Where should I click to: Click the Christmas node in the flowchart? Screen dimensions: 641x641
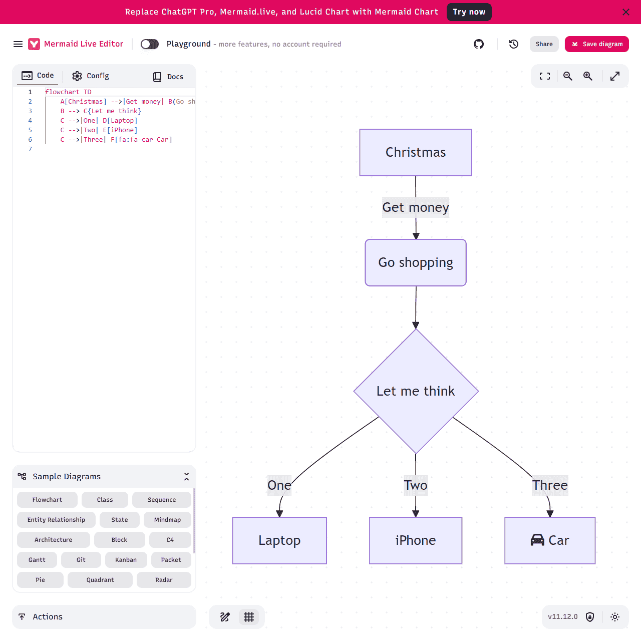click(416, 153)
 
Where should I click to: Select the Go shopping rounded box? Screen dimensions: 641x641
click(416, 263)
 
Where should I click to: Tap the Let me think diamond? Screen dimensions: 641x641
click(416, 391)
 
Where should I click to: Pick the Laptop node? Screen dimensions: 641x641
click(279, 540)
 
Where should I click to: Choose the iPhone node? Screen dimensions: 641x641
click(416, 540)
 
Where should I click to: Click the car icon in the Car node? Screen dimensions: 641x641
click(537, 540)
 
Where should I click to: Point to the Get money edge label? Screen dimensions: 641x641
click(416, 207)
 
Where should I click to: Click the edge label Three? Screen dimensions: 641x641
click(550, 485)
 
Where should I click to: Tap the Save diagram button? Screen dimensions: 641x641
click(597, 44)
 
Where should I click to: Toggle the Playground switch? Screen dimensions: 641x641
click(150, 44)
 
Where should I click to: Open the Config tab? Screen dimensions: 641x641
click(91, 76)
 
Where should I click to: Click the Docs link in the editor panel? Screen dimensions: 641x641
click(168, 77)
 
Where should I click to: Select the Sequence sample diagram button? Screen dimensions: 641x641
click(162, 500)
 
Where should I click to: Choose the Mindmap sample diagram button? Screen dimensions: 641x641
click(167, 520)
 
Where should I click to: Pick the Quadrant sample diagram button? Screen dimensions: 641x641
click(100, 580)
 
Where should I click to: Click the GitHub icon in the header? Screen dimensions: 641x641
click(479, 44)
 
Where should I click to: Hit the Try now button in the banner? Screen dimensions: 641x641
click(469, 12)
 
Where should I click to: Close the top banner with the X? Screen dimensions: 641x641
click(626, 12)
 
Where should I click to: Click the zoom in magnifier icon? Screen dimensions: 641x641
click(588, 76)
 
